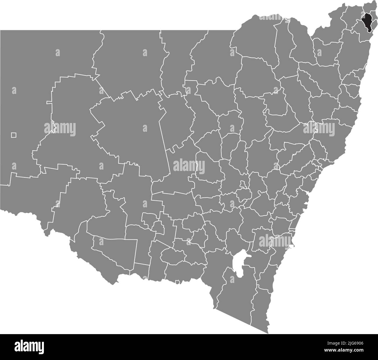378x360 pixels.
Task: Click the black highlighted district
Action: coord(368,22)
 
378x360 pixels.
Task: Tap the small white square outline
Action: coord(14,135)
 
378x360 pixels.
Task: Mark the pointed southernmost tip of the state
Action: coord(268,333)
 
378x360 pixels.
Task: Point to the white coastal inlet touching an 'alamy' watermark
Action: coord(291,247)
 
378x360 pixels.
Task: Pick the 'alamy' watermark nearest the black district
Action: coord(319,128)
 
